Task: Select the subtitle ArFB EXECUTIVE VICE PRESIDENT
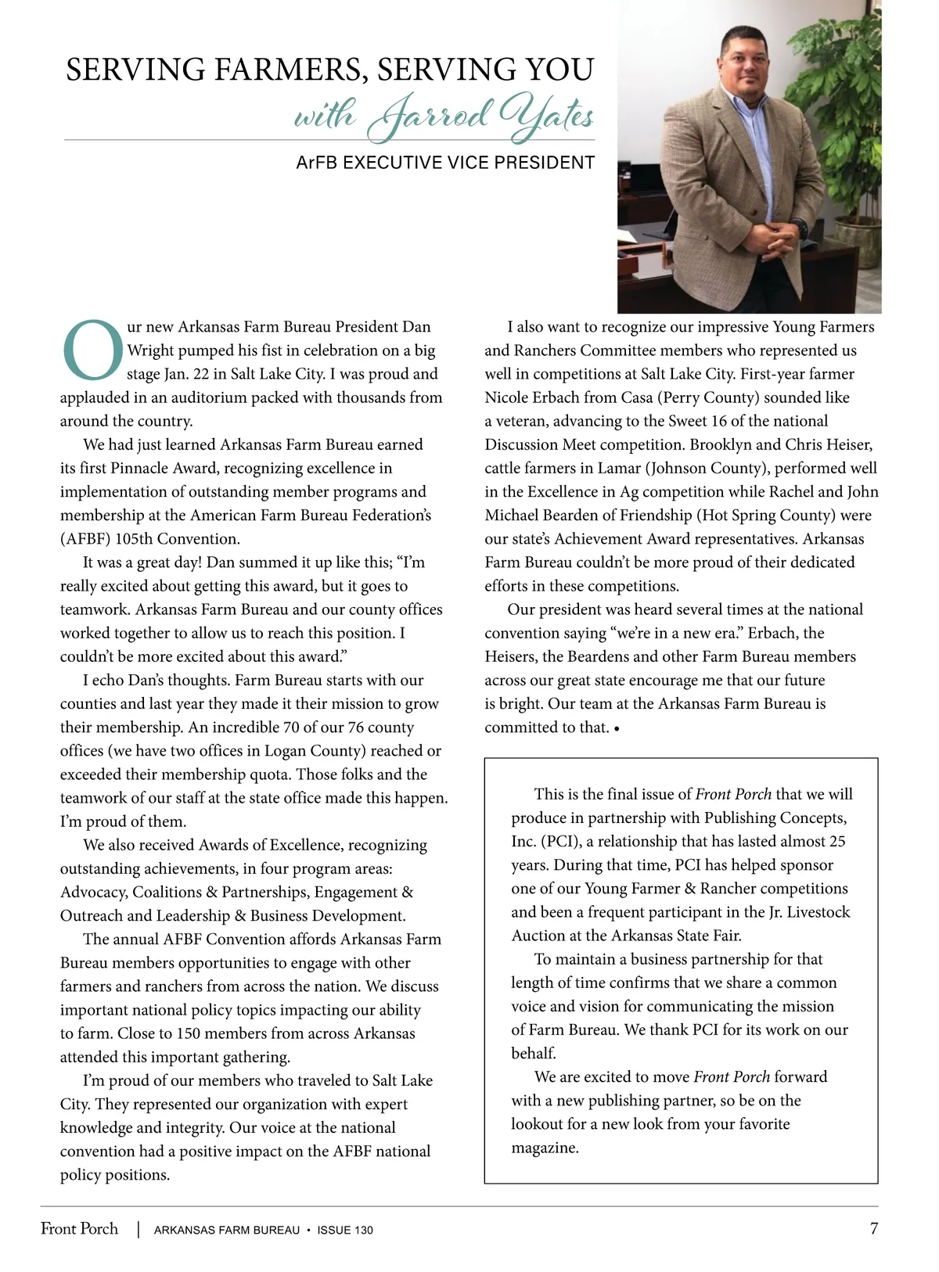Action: point(445,163)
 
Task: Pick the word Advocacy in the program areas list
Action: point(92,893)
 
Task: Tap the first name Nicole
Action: point(509,397)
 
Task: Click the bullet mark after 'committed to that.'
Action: point(617,729)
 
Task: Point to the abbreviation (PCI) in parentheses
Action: point(534,842)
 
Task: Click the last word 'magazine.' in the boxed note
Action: point(545,1148)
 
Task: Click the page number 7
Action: point(873,1228)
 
